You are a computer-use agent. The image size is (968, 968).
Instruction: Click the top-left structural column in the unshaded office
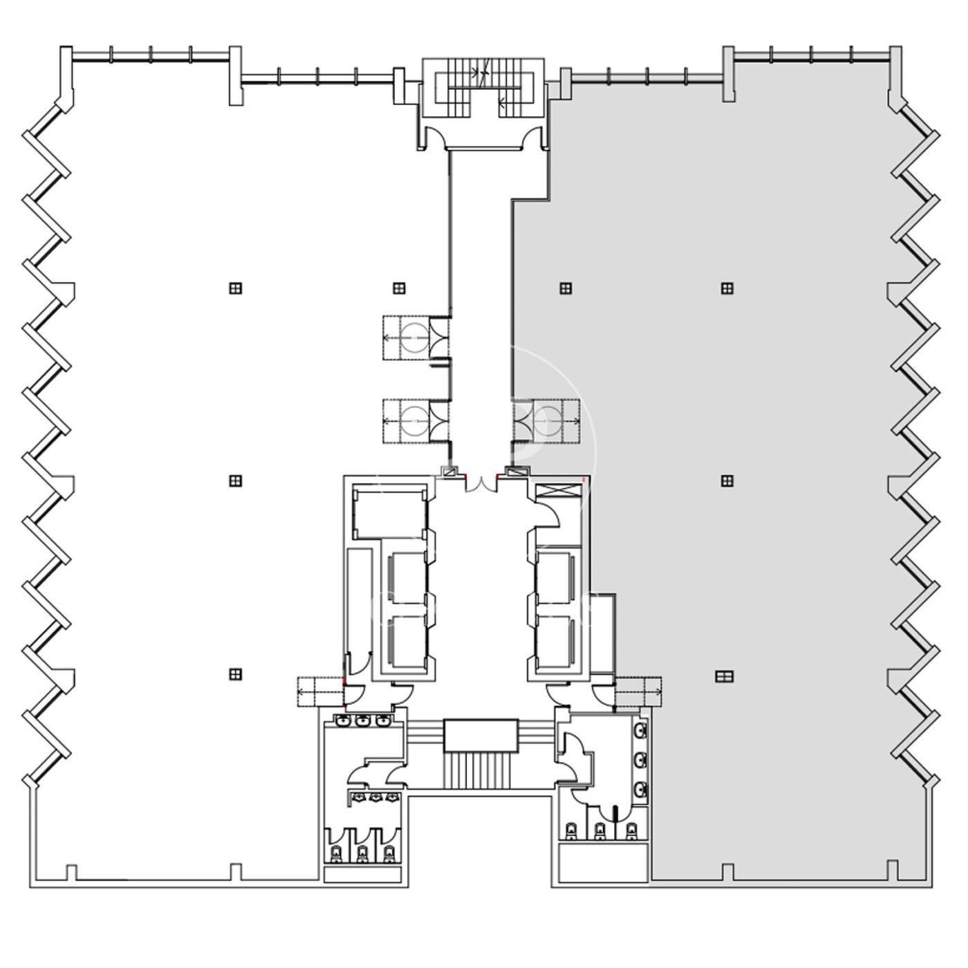pos(236,288)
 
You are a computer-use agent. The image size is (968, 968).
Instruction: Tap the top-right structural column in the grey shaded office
pos(727,288)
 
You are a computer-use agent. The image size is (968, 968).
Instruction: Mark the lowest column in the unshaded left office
pos(236,673)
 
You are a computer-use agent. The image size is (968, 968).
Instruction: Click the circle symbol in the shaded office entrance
pos(548,419)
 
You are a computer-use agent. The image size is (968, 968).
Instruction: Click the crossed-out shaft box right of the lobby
pos(560,492)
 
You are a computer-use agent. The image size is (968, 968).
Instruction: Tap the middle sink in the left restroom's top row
pos(362,721)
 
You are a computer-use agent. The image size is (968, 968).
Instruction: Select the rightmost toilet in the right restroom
pos(631,830)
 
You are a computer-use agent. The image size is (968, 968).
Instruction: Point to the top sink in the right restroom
pos(641,729)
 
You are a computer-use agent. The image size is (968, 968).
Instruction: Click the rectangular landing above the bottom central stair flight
pos(481,735)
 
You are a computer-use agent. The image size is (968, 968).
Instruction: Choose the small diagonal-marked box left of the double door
pos(451,472)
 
